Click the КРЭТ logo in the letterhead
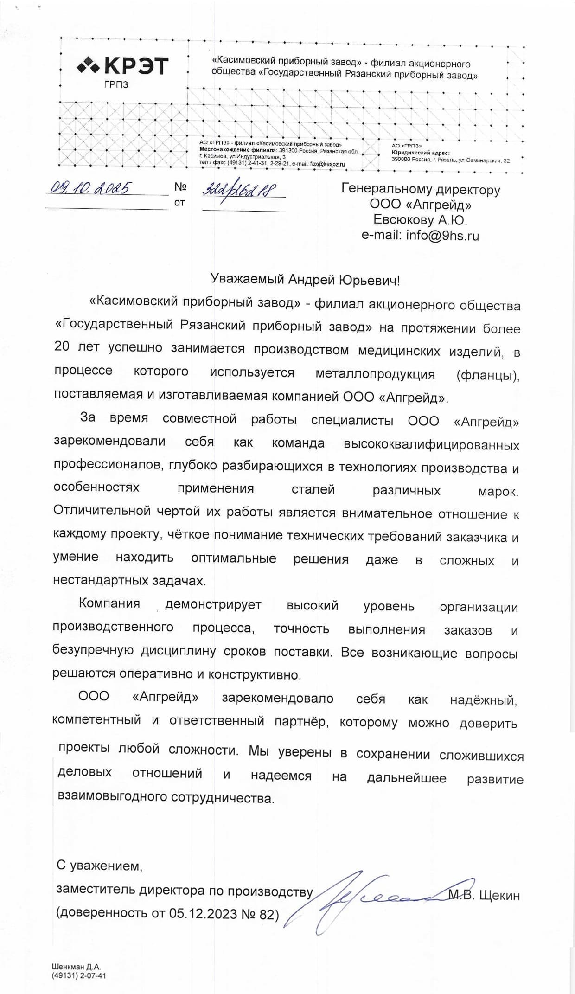[122, 66]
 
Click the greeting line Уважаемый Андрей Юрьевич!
[305, 280]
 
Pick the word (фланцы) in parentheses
[487, 375]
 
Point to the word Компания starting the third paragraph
[109, 603]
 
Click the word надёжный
[484, 699]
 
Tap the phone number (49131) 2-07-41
[79, 975]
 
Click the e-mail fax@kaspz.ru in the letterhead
[327, 164]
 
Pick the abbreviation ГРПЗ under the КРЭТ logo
[116, 85]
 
